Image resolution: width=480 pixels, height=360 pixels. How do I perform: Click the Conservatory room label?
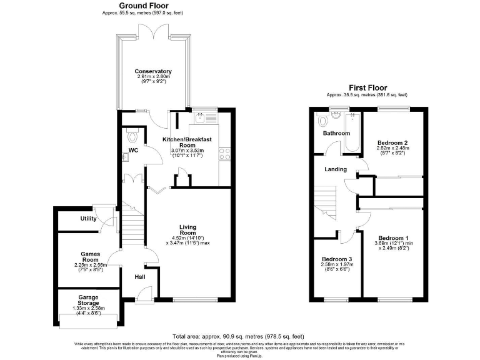(152, 71)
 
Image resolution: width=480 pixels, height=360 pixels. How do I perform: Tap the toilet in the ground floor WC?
(131, 135)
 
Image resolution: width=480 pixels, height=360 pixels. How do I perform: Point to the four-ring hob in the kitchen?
(225, 154)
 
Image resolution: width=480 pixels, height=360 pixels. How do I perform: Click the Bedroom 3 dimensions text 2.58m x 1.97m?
(337, 265)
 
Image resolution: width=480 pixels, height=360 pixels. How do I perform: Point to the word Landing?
(336, 169)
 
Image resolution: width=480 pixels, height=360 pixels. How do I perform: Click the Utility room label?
(88, 218)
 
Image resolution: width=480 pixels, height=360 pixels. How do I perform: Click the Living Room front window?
(191, 301)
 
